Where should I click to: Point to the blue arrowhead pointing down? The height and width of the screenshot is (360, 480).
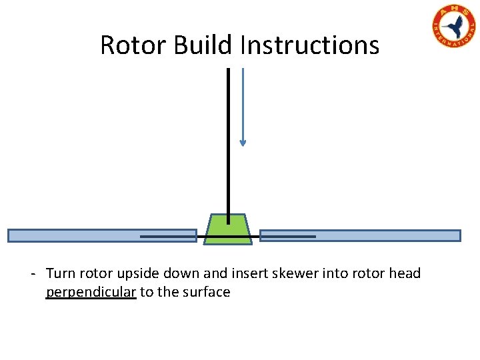(x=243, y=142)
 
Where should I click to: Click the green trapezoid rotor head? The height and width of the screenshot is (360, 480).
(x=228, y=229)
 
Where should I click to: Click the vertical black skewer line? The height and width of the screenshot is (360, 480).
(x=229, y=133)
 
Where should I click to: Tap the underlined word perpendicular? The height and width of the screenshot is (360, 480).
(x=91, y=292)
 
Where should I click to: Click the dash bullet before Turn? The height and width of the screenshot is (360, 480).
(x=33, y=274)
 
